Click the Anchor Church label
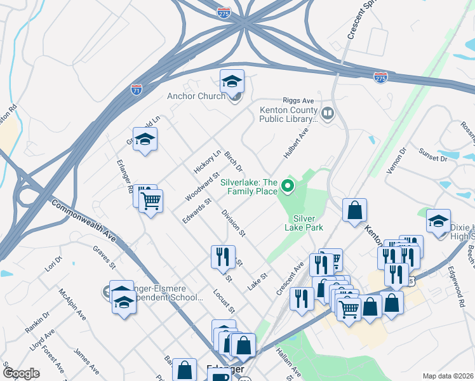pyautogui.click(x=196, y=97)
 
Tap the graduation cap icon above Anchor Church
pyautogui.click(x=232, y=81)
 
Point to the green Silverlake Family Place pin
pyautogui.click(x=287, y=186)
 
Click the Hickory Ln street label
pyautogui.click(x=206, y=162)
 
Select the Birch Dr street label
pyautogui.click(x=234, y=161)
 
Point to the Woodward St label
pyautogui.click(x=201, y=186)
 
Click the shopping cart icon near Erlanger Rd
pyautogui.click(x=151, y=202)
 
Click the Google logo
pyautogui.click(x=21, y=373)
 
